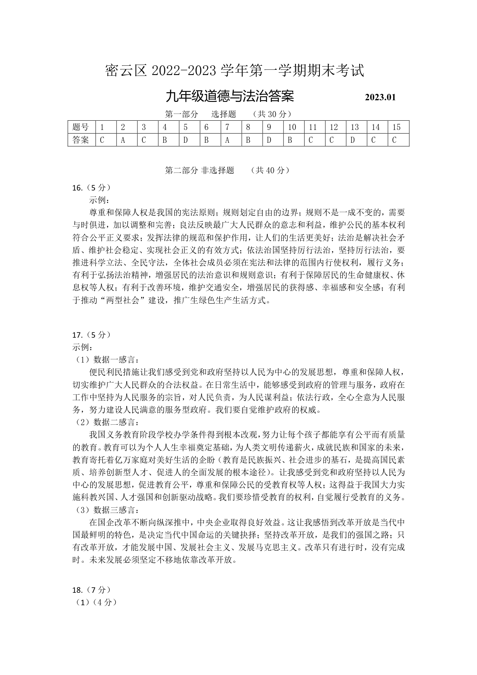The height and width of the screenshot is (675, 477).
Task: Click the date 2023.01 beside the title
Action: click(380, 97)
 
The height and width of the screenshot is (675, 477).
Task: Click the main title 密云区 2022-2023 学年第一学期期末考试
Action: click(235, 71)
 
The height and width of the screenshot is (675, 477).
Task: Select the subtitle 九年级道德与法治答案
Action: click(230, 97)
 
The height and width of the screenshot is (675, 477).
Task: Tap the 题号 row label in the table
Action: click(81, 127)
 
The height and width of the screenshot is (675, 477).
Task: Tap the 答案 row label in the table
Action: click(81, 140)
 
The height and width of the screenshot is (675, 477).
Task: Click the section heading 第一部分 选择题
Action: click(200, 114)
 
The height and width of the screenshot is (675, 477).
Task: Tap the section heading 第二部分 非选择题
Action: click(200, 170)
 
